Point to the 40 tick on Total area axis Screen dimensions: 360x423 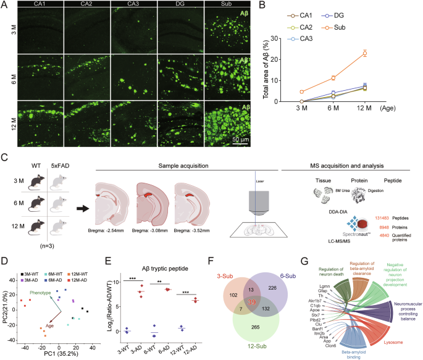click(x=279, y=23)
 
